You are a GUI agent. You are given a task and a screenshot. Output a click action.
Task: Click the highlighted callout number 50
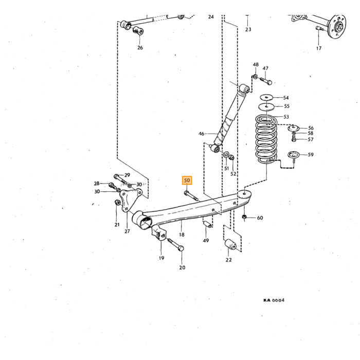pos(187,181)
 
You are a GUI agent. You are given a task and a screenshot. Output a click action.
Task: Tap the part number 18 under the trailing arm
pos(182,235)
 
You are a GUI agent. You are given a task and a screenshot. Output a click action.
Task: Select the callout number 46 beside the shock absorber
pos(201,134)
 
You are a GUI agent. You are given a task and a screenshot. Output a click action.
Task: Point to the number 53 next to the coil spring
pos(286,117)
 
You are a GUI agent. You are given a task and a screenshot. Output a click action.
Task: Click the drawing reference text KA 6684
pos(274,300)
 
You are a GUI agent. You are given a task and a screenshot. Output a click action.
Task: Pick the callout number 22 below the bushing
pos(228,260)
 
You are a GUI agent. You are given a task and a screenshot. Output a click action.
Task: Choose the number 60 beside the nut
pos(260,218)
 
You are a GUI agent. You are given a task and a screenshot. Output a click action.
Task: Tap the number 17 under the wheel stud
pos(319,48)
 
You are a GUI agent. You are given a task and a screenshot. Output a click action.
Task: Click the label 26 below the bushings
pos(140,47)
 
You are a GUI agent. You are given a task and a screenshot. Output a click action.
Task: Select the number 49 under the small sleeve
pos(206,240)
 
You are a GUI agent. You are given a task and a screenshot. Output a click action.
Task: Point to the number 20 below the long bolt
pos(182,267)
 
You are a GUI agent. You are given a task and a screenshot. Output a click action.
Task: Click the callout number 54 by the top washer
pos(286,98)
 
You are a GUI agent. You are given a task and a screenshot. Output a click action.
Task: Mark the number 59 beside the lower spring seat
pos(311,154)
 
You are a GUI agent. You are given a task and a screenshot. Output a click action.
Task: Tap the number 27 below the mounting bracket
pos(127,231)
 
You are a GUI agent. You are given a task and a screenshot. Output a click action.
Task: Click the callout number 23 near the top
pos(248,29)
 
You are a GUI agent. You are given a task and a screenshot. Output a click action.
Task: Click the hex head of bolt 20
pos(181,248)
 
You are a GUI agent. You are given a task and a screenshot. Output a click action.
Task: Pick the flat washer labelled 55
pos(266,107)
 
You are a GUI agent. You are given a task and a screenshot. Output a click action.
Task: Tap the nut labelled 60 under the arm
pos(244,217)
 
